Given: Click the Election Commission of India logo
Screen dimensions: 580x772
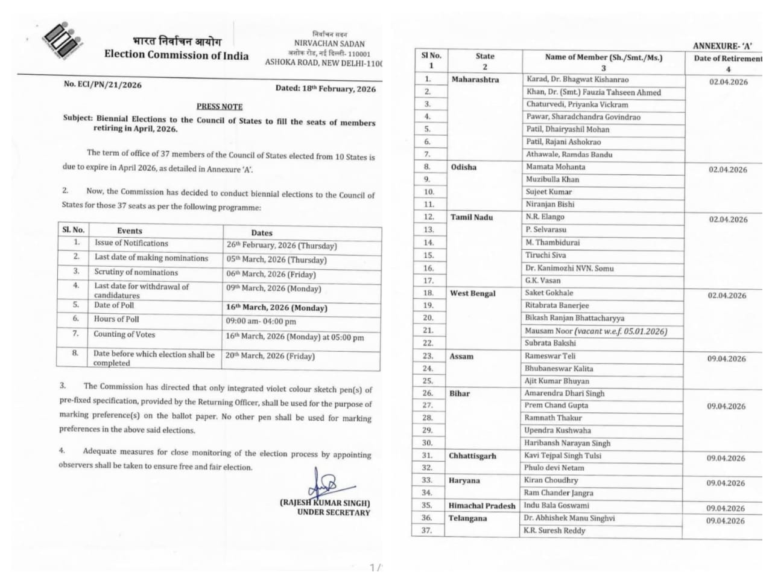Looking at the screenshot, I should pos(62,42).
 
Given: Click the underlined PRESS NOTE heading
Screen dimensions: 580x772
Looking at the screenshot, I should pos(220,106).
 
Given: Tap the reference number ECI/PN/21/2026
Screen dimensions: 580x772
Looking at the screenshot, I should pos(103,84).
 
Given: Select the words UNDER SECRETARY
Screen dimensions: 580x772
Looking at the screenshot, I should pos(334,512).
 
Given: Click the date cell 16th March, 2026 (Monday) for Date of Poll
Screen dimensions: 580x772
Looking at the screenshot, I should pos(277,307).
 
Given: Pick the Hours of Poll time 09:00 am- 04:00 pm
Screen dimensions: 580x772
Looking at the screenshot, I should pos(261,322).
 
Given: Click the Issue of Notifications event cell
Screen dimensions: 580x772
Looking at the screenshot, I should pos(131,243).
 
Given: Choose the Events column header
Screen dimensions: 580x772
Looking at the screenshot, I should pos(130,231).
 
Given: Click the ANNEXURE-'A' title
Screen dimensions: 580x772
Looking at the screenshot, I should pos(723,46).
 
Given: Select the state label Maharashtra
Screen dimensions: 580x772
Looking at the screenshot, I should pos(475,80).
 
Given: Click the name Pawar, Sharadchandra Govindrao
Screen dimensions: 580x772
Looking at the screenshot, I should pos(583,117).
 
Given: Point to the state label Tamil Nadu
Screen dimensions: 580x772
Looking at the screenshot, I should pos(472,217).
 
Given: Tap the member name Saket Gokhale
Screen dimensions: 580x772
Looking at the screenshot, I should pos(549,293).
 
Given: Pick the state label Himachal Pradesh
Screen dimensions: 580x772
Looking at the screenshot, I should pos(482,506).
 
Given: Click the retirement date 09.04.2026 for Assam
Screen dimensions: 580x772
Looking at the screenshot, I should pos(726,359).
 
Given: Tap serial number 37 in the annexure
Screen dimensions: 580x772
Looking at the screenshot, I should pos(427,531).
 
